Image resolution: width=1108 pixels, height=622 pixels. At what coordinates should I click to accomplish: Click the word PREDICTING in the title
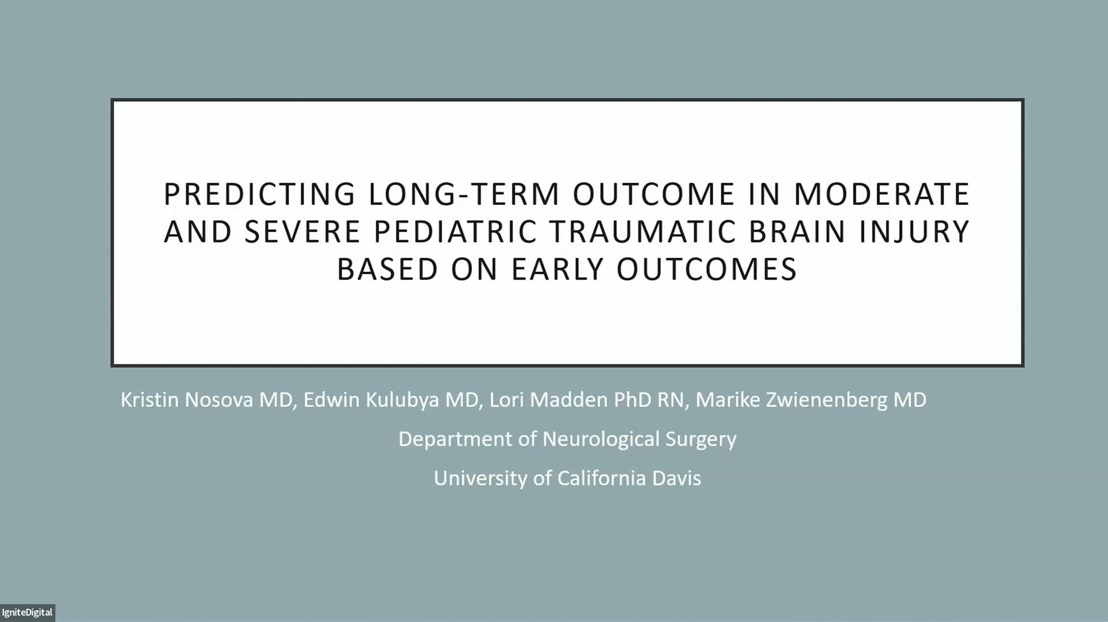[259, 194]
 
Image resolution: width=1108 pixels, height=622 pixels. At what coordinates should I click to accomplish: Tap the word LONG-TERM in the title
[464, 194]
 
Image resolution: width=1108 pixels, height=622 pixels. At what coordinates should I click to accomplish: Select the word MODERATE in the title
[881, 194]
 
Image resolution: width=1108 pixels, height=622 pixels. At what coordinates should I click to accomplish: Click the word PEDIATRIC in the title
[454, 232]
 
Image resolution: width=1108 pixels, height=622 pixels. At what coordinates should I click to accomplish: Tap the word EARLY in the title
[557, 269]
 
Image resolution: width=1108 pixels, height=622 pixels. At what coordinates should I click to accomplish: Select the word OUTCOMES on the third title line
[706, 269]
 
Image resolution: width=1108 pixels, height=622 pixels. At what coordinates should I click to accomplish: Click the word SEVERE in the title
[302, 232]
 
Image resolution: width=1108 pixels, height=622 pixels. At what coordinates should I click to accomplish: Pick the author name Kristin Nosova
[186, 400]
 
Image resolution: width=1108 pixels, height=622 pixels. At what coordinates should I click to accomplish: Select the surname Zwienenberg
[826, 400]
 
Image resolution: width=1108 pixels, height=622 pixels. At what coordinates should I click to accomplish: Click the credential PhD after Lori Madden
[632, 400]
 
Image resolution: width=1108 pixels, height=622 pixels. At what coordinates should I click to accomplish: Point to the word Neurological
[600, 439]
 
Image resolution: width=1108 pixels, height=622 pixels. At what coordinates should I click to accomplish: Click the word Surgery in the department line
[701, 439]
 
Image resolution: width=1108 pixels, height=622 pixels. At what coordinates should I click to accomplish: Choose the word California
[601, 478]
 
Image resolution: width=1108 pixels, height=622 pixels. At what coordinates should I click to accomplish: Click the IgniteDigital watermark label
[27, 612]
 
